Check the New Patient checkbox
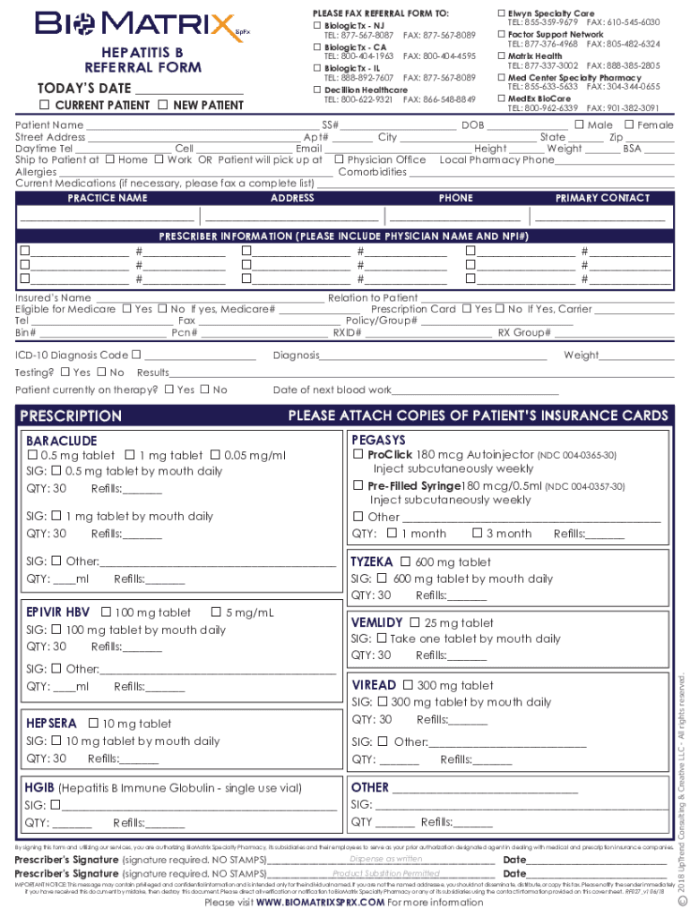click(x=162, y=106)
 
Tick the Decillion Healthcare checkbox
click(x=317, y=90)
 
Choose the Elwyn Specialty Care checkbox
click(x=502, y=13)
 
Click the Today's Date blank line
click(x=188, y=89)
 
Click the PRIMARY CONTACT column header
click(x=602, y=198)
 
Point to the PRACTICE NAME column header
click(x=108, y=198)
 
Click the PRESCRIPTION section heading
click(x=71, y=416)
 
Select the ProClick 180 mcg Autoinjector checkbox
click(x=358, y=455)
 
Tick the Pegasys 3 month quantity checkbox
click(x=477, y=534)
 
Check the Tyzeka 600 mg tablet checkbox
click(x=405, y=562)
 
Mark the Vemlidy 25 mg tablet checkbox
click(x=414, y=622)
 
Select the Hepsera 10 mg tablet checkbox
click(x=92, y=724)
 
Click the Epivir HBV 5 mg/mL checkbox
click(x=216, y=613)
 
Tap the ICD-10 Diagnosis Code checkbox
click(x=135, y=356)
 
